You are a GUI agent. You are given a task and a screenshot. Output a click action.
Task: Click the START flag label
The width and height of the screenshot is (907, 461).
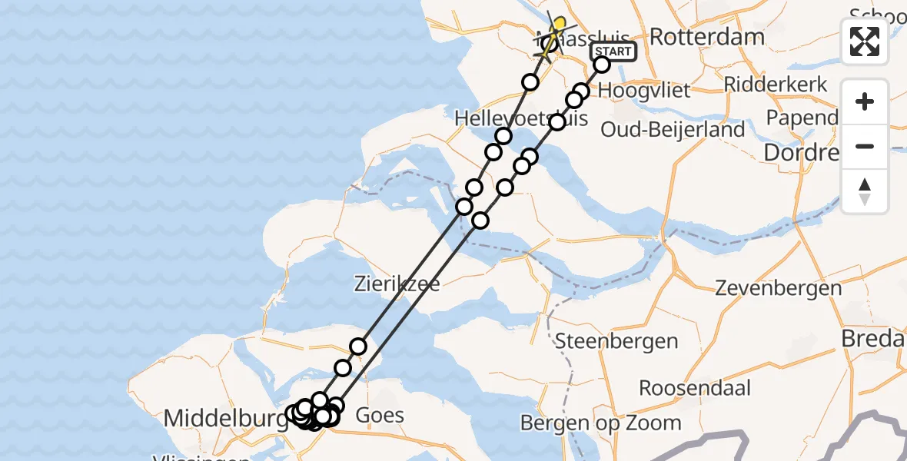(x=613, y=51)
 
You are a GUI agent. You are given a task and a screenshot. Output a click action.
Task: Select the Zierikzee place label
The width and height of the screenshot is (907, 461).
(x=397, y=284)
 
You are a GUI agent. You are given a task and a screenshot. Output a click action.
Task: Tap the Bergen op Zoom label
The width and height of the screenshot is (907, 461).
(x=600, y=422)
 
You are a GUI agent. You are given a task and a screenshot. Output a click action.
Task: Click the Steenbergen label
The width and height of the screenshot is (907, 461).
(x=616, y=341)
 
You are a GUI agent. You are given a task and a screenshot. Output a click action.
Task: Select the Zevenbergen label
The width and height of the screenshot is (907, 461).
(x=778, y=288)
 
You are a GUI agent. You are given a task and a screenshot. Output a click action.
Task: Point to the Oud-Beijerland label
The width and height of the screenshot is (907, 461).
(x=673, y=129)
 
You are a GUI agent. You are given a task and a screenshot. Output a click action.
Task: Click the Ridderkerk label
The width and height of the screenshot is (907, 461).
(x=776, y=84)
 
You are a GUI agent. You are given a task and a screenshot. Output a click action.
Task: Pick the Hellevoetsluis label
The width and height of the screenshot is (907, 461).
(x=521, y=118)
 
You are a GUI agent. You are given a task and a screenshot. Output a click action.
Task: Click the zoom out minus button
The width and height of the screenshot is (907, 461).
(x=865, y=147)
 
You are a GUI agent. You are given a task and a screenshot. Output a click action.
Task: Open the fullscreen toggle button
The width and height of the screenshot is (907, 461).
(x=865, y=41)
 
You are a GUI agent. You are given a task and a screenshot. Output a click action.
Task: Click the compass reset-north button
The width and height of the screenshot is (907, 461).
(x=865, y=191)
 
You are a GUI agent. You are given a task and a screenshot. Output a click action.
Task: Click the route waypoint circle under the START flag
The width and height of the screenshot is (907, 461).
(x=602, y=65)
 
